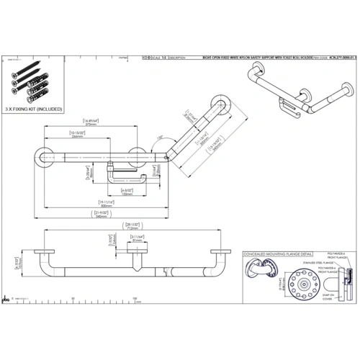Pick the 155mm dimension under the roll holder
pos(126,193)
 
